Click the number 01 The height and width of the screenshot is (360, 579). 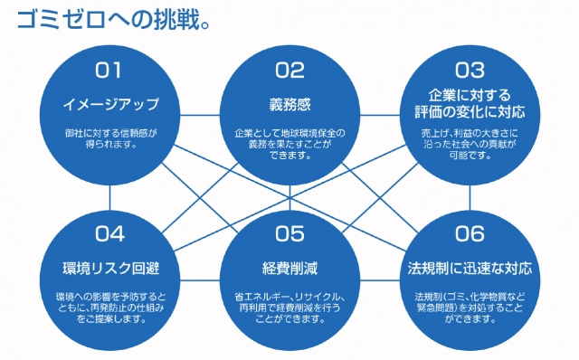pos(109,70)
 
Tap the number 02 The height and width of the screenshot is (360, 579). pos(290,70)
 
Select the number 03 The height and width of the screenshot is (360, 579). pos(470,69)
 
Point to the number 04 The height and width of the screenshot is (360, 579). pos(109,234)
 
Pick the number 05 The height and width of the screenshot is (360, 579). pos(290,234)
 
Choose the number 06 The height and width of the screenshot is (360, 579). pos(470,234)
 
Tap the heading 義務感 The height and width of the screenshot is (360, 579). pos(290,103)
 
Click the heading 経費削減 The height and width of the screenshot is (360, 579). pos(290,269)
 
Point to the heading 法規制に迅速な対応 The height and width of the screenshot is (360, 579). pos(470,269)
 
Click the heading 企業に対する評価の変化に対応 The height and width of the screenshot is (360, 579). pos(470,103)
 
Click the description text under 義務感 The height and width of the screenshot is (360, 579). pos(290,142)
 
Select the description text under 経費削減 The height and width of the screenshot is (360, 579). pos(290,308)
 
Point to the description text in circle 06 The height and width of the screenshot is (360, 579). pos(470,308)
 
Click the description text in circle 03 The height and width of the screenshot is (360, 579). pos(470,142)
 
